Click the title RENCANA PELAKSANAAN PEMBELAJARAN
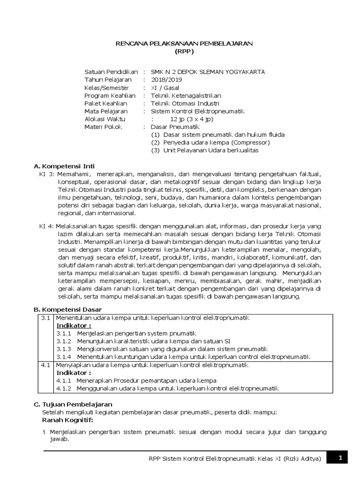pyautogui.click(x=184, y=43)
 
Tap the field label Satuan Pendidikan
pyautogui.click(x=111, y=72)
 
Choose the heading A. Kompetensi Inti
pyautogui.click(x=65, y=166)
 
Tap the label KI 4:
pyautogui.click(x=47, y=226)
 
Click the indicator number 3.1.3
pyautogui.click(x=64, y=349)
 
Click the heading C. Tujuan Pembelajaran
pyautogui.click(x=74, y=404)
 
